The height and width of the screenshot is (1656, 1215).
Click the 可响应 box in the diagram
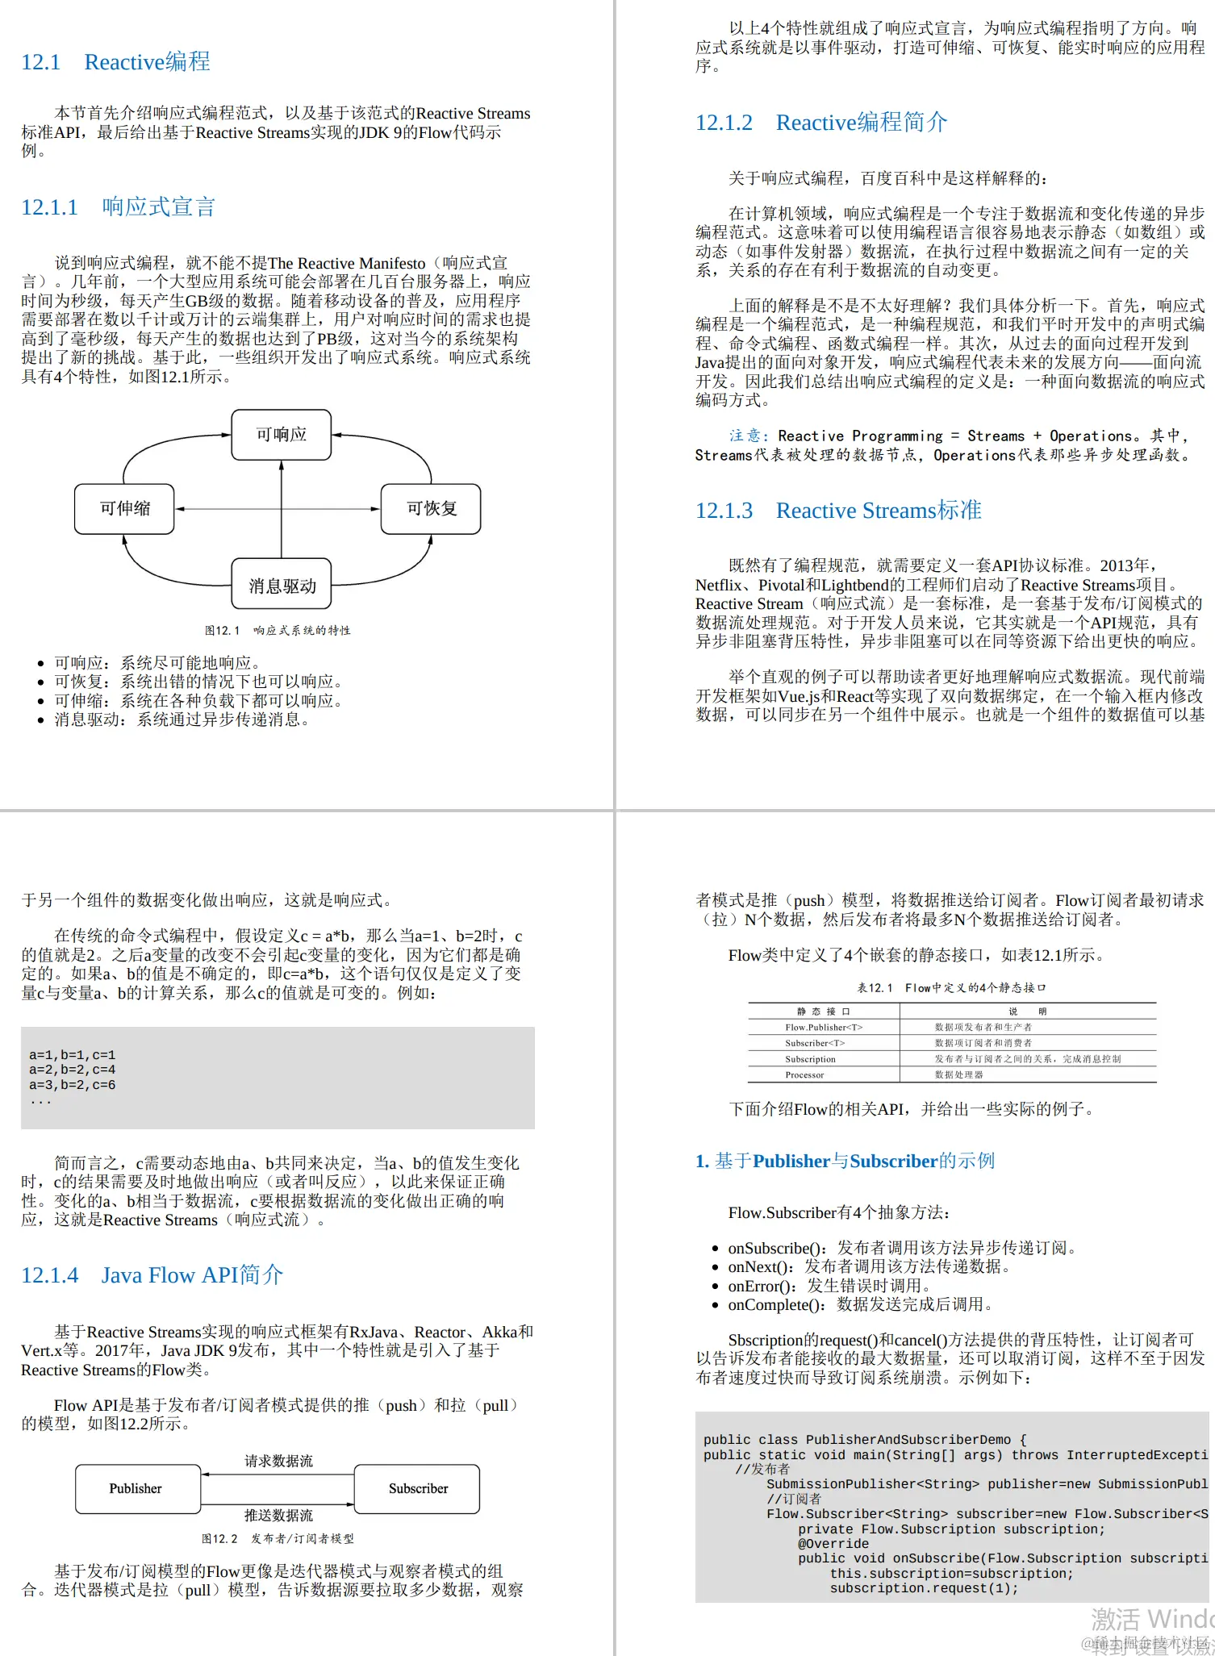click(x=281, y=435)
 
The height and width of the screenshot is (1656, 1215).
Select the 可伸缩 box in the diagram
click(x=124, y=509)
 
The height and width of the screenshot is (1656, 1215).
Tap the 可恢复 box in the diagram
click(x=431, y=509)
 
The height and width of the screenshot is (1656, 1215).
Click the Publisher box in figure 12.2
click(x=137, y=1488)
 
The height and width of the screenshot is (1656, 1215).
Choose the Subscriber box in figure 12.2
click(x=417, y=1488)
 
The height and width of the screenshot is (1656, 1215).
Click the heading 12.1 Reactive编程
click(x=115, y=62)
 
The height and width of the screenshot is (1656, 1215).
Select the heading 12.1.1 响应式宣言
click(x=118, y=207)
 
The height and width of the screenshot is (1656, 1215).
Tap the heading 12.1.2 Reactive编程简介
click(x=820, y=123)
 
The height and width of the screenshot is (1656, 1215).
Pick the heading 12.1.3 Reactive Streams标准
click(x=837, y=511)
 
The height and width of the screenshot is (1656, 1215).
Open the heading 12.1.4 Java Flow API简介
click(x=152, y=1275)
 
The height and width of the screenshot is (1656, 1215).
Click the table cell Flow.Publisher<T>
click(x=824, y=1027)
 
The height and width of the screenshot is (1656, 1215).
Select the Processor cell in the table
click(x=804, y=1074)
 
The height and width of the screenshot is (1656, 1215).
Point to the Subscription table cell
click(x=810, y=1059)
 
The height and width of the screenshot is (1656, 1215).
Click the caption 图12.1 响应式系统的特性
click(x=278, y=630)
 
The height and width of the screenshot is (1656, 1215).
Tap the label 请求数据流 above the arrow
click(x=278, y=1461)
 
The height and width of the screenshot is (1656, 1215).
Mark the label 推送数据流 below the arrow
click(x=278, y=1516)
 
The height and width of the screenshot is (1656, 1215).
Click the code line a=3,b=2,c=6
click(x=73, y=1085)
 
